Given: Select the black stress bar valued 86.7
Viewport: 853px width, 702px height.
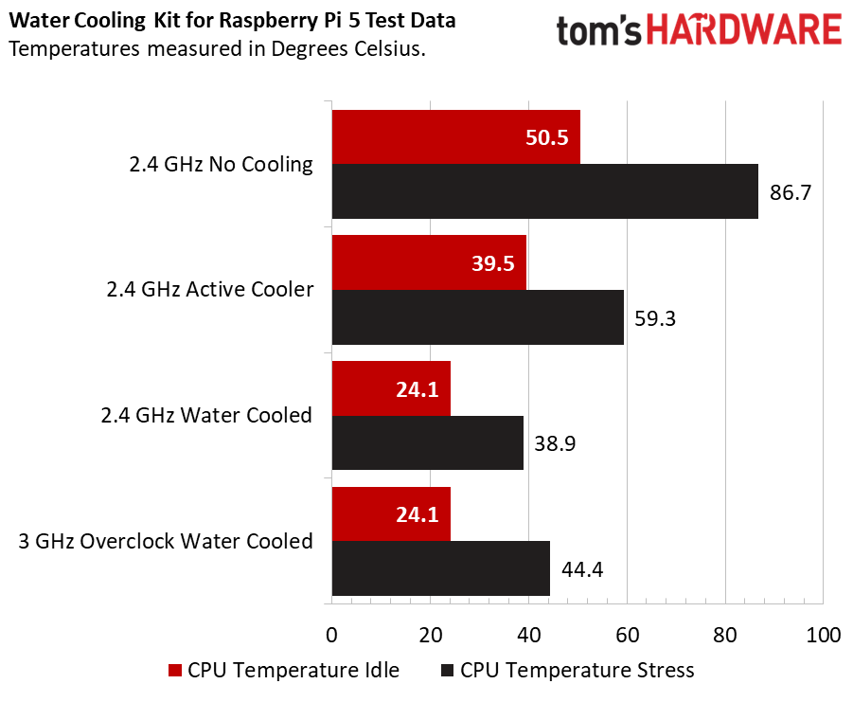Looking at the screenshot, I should click(x=544, y=191).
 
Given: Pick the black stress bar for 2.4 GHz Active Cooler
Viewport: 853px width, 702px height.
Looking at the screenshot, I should click(x=477, y=317).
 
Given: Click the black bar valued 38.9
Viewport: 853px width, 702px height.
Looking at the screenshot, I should click(x=427, y=442).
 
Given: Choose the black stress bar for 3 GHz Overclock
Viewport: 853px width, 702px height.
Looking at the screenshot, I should click(x=440, y=568).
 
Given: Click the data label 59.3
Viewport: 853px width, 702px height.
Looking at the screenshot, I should click(x=654, y=318).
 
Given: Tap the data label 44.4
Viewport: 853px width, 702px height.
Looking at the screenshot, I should click(x=580, y=569).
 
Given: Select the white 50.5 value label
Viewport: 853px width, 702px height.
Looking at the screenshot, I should click(x=546, y=138).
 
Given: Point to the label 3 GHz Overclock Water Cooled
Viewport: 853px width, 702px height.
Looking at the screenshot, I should click(x=166, y=541).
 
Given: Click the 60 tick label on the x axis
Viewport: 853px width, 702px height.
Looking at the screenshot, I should click(x=626, y=634).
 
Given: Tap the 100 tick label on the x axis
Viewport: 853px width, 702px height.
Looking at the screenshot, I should click(x=821, y=634).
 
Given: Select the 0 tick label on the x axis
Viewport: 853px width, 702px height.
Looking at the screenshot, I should click(x=331, y=634).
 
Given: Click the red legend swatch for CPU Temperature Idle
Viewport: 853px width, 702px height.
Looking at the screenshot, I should click(x=175, y=671).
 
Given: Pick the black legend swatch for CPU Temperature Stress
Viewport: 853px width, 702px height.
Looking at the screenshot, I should click(x=448, y=671).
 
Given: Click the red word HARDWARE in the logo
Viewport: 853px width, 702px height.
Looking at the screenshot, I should click(x=744, y=31).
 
